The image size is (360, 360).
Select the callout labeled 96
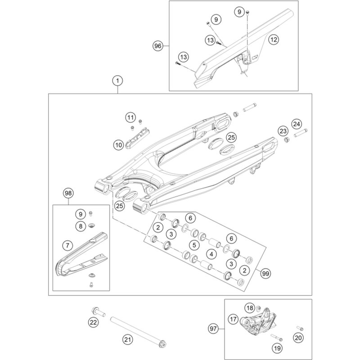157,45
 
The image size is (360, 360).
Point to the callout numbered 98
68,193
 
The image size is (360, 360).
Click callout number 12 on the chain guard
274,40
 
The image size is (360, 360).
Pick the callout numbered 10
118,145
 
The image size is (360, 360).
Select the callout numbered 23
283,131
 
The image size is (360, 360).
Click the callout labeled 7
67,246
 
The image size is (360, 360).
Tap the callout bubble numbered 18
250,308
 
